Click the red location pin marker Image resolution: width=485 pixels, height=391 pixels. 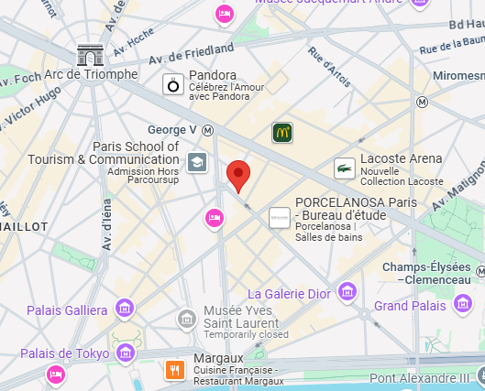click(239, 174)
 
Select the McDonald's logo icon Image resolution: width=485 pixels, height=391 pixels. click(282, 134)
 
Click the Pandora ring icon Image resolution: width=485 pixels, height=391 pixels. click(171, 85)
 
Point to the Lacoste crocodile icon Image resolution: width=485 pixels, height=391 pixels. click(345, 167)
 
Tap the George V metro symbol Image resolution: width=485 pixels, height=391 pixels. click(208, 130)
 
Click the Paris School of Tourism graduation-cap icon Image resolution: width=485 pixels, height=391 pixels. click(196, 163)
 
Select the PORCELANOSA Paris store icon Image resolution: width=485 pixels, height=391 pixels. click(278, 218)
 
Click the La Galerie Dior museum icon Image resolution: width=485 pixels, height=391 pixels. click(347, 292)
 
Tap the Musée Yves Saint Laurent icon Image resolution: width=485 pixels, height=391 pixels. click(187, 318)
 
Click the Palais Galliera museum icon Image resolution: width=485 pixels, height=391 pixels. click(125, 310)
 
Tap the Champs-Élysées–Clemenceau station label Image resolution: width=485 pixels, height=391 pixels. click(428, 274)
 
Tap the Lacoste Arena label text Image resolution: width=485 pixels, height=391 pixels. click(402, 158)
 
